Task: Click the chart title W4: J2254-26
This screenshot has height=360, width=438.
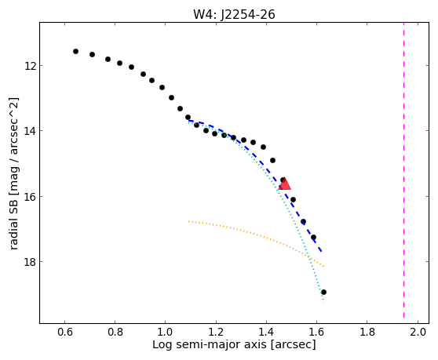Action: [234, 15]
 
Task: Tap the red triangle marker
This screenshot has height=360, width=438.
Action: [284, 184]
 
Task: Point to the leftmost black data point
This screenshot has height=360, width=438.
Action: [75, 51]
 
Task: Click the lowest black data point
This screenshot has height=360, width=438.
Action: [323, 293]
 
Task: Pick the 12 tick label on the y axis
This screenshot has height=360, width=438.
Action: [29, 66]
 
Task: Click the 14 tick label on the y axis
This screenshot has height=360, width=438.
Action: [29, 131]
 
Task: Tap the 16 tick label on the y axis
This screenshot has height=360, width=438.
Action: [29, 197]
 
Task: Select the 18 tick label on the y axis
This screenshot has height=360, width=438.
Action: [29, 262]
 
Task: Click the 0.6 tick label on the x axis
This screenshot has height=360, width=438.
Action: [65, 332]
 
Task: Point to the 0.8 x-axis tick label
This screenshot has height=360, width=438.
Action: [115, 332]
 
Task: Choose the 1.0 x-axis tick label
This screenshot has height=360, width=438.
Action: [166, 332]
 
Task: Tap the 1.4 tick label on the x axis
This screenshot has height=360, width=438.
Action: [266, 332]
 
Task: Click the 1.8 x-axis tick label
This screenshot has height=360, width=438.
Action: [367, 332]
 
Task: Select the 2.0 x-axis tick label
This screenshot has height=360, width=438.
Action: [418, 332]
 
